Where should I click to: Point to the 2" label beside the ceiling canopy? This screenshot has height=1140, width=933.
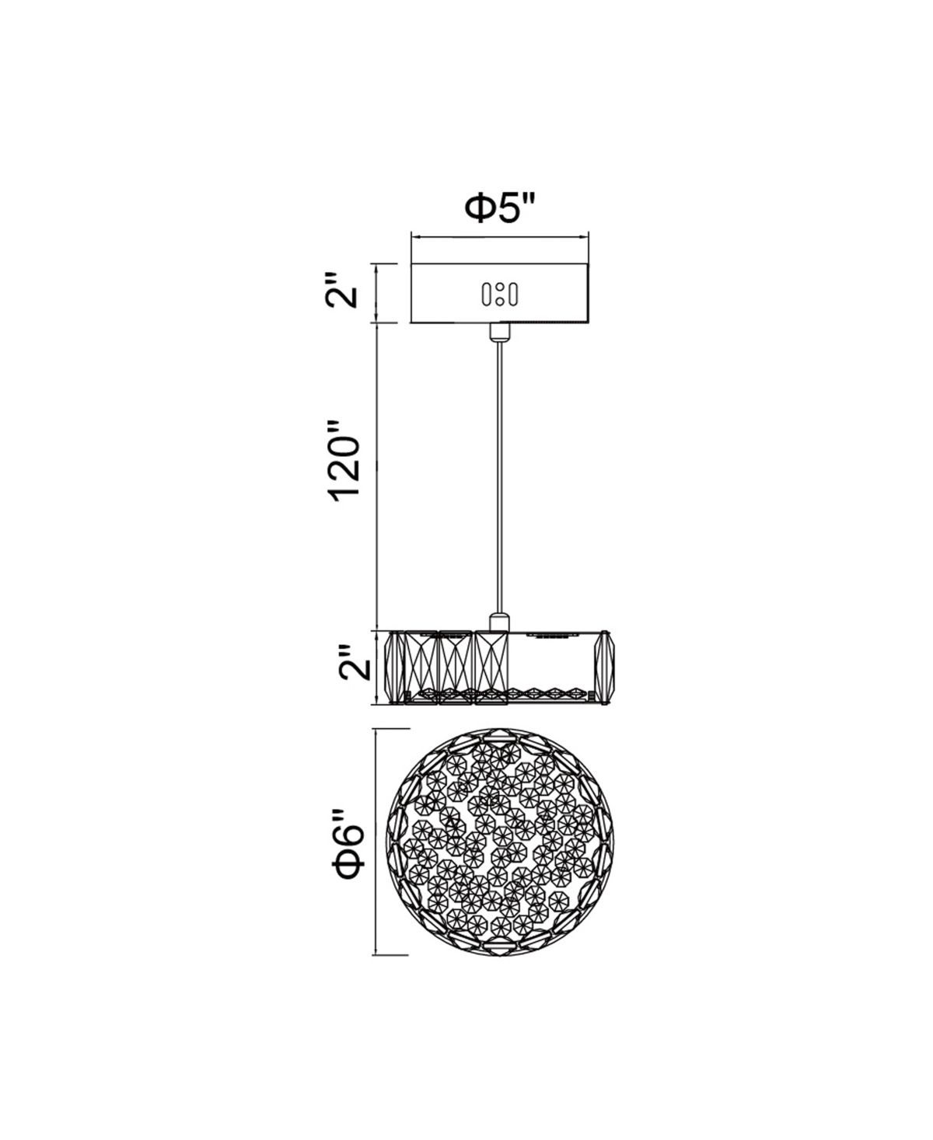click(x=341, y=291)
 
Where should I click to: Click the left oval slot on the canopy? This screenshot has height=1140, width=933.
click(x=487, y=294)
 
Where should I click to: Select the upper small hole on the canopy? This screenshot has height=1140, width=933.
click(x=500, y=288)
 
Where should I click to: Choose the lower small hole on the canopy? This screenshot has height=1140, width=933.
click(x=500, y=301)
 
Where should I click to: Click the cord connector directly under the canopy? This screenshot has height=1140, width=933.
click(x=499, y=331)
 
